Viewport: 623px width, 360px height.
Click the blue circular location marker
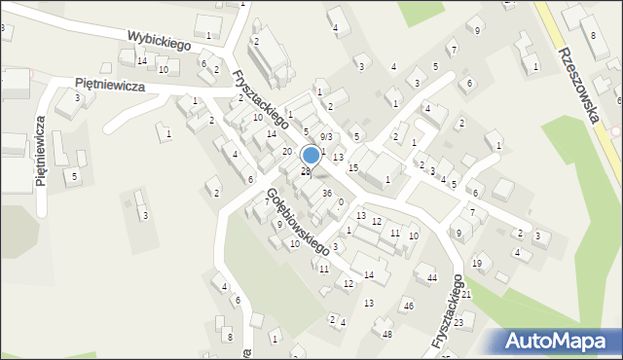tap(311, 155)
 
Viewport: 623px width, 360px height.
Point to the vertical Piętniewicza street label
tap(41, 153)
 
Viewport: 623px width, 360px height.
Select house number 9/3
tap(326, 137)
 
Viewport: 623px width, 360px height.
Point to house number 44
tap(431, 278)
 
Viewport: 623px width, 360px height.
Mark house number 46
tap(409, 306)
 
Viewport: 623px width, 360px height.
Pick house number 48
tap(387, 335)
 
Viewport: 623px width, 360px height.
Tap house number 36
tap(328, 194)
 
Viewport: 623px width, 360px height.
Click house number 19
tap(477, 264)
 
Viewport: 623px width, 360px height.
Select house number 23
tap(458, 320)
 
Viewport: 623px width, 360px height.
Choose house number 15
tap(353, 168)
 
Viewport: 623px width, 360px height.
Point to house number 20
tap(287, 152)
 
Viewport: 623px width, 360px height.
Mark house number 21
tap(466, 294)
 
